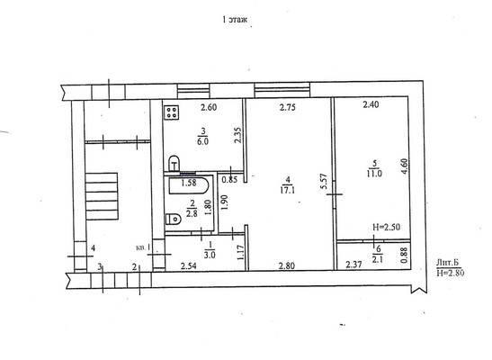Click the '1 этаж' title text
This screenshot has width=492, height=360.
(x=235, y=20)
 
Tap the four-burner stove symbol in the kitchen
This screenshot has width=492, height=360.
(x=171, y=112)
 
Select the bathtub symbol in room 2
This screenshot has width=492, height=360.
(x=189, y=185)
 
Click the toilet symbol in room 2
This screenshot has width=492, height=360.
(x=173, y=219)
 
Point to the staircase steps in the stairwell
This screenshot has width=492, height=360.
(x=102, y=196)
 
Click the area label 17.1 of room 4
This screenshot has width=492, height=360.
(x=288, y=190)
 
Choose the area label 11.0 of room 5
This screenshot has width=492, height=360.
(x=374, y=174)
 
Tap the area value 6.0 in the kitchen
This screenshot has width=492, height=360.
(x=202, y=141)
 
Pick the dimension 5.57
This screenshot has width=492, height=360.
(x=324, y=182)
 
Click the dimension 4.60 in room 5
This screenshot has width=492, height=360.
(x=405, y=166)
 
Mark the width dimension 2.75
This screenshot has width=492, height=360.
(x=288, y=107)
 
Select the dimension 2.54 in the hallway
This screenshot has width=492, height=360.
(x=189, y=266)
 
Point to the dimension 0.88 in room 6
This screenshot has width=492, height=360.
(x=404, y=256)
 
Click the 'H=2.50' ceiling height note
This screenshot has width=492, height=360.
(x=386, y=227)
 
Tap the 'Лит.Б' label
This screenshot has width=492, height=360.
(x=448, y=263)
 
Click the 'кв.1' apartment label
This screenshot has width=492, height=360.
(x=143, y=247)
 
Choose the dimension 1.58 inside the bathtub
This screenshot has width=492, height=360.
(x=189, y=183)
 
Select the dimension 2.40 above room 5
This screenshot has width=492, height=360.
(x=371, y=104)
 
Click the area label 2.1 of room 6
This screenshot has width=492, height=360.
(x=377, y=259)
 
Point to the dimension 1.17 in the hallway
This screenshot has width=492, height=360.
(x=241, y=252)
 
